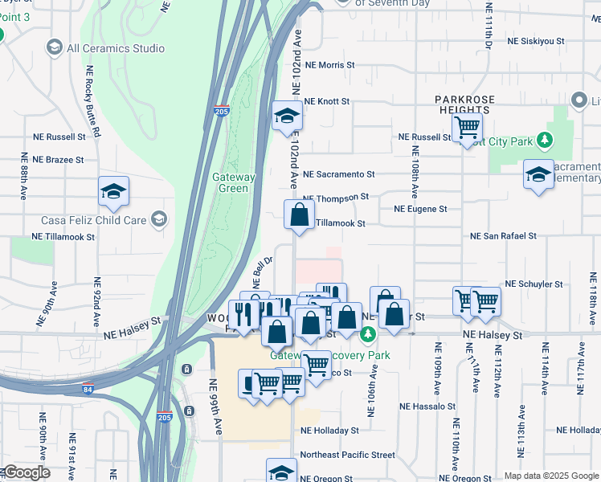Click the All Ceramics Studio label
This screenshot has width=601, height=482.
(116, 48)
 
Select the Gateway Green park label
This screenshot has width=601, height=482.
(233, 182)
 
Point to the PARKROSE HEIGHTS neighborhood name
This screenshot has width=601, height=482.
(465, 104)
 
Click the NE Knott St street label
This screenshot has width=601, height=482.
(327, 102)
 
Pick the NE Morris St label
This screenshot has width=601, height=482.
(329, 64)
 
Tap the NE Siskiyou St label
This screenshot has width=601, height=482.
(536, 40)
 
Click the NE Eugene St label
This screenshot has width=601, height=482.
(420, 209)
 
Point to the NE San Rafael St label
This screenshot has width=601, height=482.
(503, 236)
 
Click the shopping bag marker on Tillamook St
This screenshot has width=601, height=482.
(299, 215)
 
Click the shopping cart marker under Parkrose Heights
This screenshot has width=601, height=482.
(466, 127)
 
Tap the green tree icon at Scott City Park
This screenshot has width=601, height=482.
(546, 141)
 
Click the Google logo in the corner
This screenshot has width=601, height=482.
(27, 472)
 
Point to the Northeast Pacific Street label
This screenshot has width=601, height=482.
(347, 455)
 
